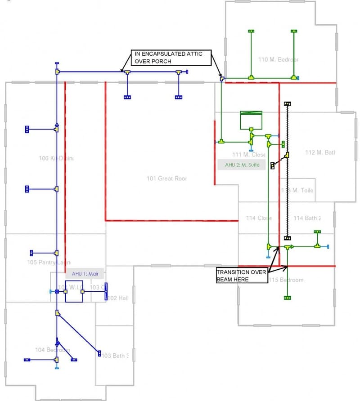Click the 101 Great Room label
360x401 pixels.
click(x=166, y=178)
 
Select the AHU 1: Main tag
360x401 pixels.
click(x=85, y=273)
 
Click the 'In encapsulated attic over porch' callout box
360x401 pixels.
click(x=171, y=58)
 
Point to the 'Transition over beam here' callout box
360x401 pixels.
click(x=242, y=276)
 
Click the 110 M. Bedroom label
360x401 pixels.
click(x=278, y=59)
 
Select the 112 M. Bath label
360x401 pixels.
click(x=320, y=152)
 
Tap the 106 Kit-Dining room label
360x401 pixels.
click(x=56, y=158)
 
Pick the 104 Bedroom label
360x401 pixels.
click(x=52, y=350)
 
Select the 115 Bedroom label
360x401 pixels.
click(x=286, y=280)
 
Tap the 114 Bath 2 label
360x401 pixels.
click(x=307, y=218)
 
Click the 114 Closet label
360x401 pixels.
click(x=259, y=218)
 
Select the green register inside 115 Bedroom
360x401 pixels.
click(x=287, y=298)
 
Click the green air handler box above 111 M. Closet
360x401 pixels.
click(x=251, y=119)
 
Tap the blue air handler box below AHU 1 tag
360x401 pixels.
click(x=74, y=291)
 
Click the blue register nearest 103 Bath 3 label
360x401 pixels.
click(x=99, y=353)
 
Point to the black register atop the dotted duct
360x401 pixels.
click(x=288, y=104)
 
